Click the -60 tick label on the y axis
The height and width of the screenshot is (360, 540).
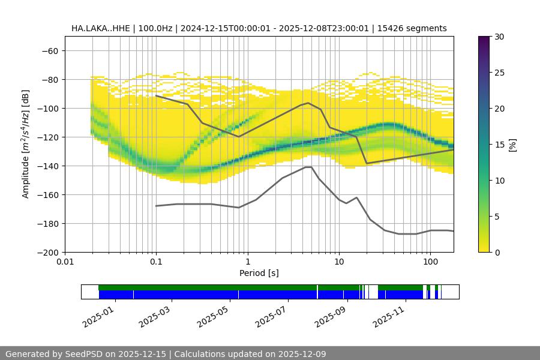click(49, 50)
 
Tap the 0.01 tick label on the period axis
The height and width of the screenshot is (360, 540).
click(65, 262)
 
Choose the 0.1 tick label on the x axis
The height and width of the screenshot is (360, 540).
click(156, 262)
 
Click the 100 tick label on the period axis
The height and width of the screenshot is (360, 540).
click(430, 262)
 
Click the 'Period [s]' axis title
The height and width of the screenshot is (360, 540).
click(259, 273)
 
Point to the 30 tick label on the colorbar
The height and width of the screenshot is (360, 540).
click(499, 37)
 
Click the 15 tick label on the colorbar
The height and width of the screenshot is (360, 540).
click(499, 145)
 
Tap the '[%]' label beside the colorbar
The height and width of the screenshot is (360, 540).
click(512, 145)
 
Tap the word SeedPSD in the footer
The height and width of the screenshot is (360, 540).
click(85, 354)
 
